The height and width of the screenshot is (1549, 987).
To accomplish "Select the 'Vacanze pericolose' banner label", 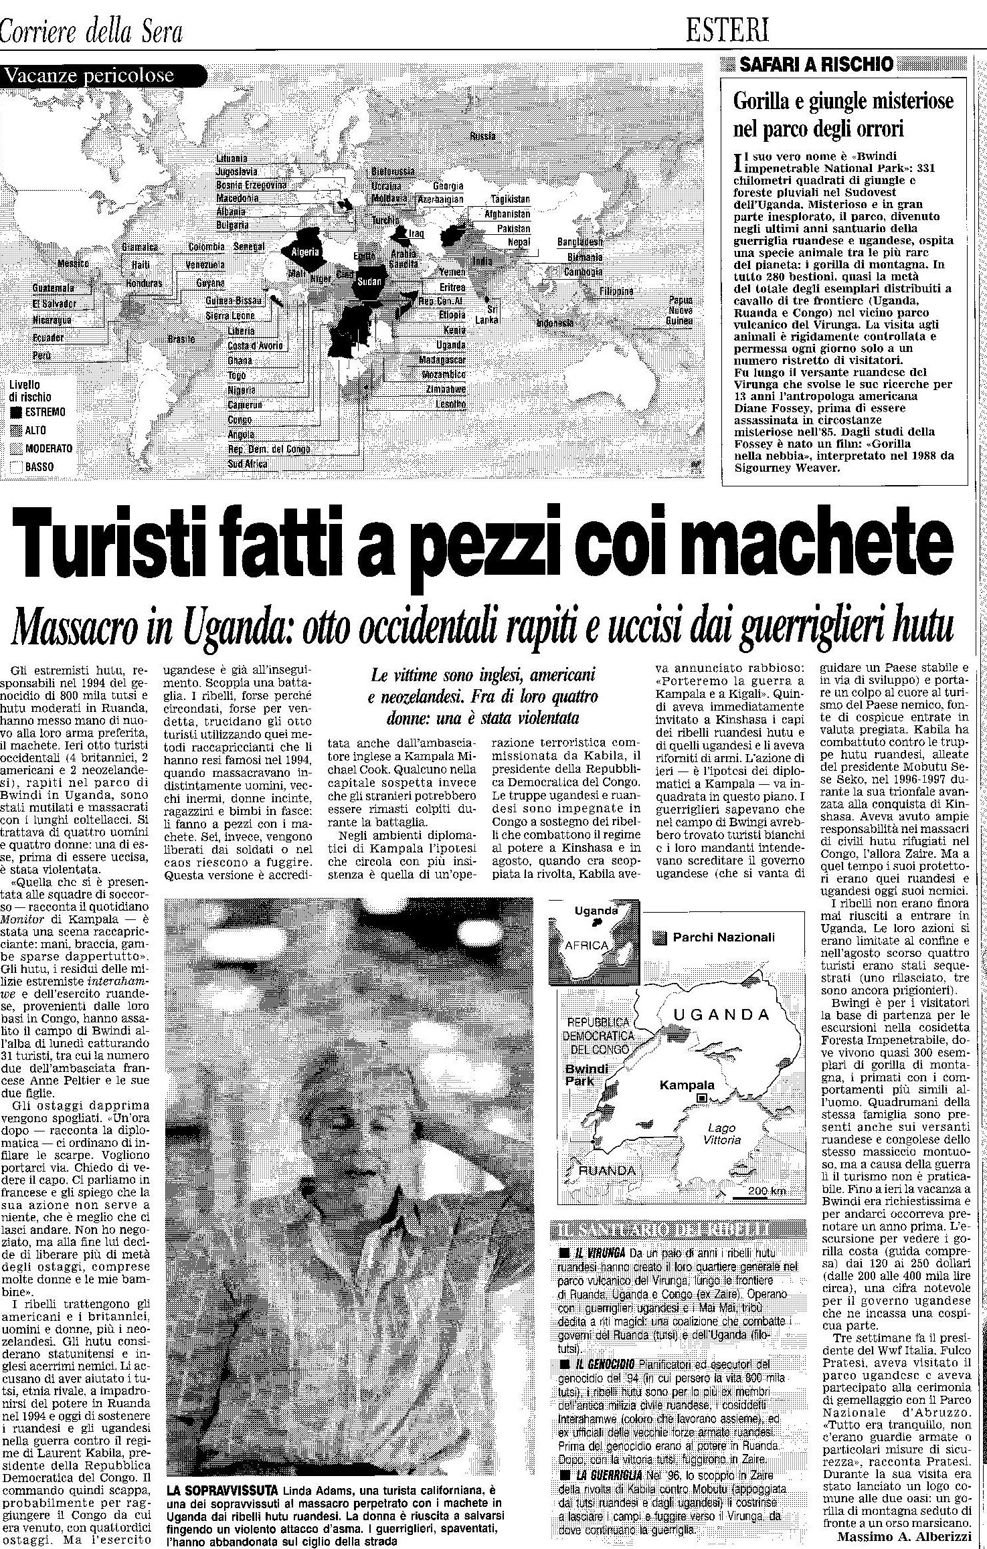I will click(x=89, y=76).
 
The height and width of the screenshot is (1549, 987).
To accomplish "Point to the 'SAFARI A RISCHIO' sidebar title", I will click(x=816, y=64).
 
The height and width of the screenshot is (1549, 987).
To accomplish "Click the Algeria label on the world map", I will click(x=303, y=252).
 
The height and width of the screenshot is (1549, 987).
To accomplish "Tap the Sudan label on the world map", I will click(x=369, y=282).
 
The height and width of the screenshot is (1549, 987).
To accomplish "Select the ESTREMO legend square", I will click(x=15, y=412).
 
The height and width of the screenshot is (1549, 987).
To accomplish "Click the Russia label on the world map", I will click(x=482, y=136).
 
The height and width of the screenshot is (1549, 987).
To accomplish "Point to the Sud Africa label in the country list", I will click(x=248, y=464).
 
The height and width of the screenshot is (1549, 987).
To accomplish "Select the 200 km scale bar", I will click(x=758, y=1192).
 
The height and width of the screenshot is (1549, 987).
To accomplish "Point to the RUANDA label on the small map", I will click(x=607, y=1170).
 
